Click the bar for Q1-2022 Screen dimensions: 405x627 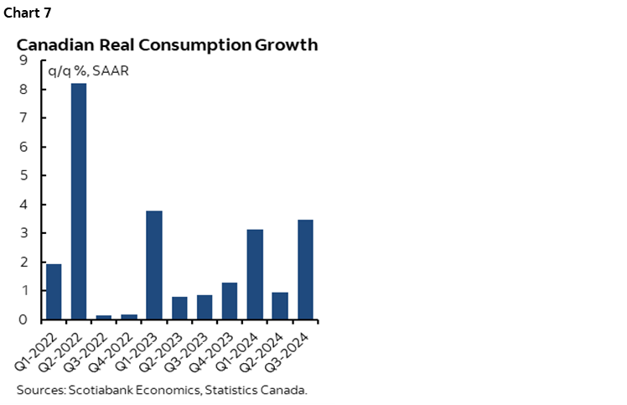pos(53,292)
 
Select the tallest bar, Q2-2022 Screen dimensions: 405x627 pos(78,201)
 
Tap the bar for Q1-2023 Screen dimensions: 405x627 pos(154,265)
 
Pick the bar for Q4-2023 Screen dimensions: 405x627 pos(230,301)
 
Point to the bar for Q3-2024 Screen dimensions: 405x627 pos(305,269)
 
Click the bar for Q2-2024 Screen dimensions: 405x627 pos(280,306)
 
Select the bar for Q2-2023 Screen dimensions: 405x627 pos(179,308)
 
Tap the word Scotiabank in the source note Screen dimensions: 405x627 pos(102,389)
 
